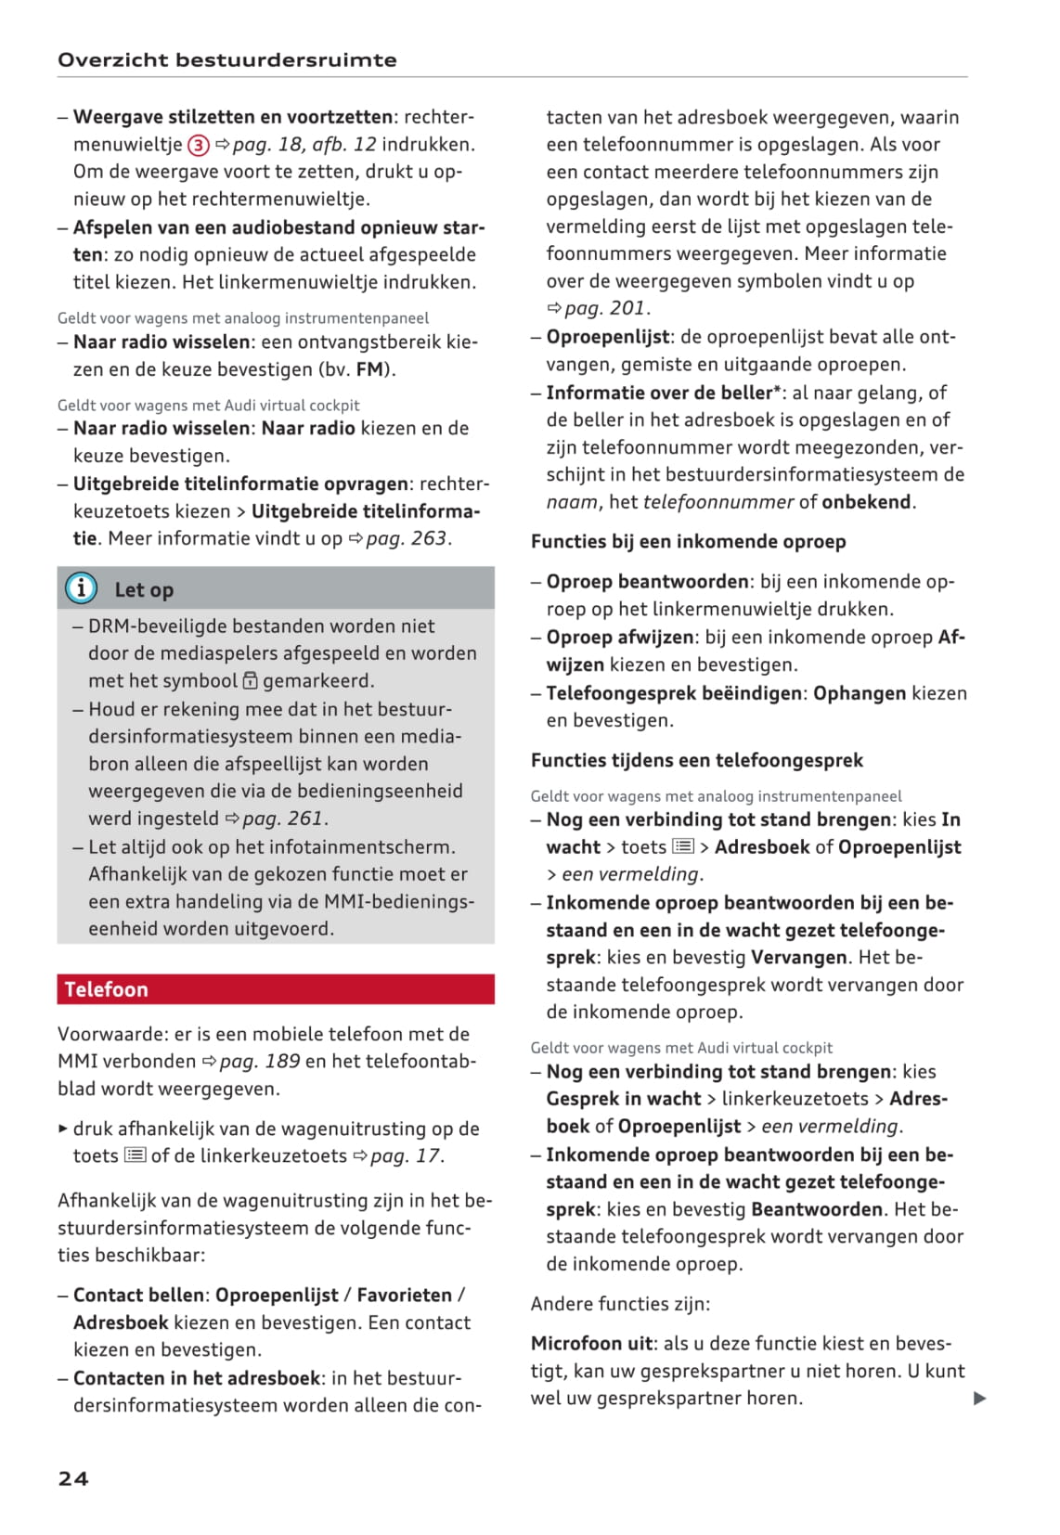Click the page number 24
pos(73,1478)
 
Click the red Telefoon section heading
pos(107,989)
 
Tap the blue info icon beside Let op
pos(81,588)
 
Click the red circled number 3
pos(198,145)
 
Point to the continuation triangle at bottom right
pos(979,1399)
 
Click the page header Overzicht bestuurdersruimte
pos(227,60)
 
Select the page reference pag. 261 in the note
pos(282,819)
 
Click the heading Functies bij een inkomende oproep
pos(688,541)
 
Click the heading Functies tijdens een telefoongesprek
pos(696,760)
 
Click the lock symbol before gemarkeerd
pos(250,681)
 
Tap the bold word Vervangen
pos(798,957)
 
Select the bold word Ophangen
pos(859,693)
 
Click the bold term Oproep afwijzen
pos(619,638)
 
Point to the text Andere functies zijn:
pos(620,1303)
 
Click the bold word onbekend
pos(866,502)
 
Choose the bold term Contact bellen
pos(138,1295)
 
